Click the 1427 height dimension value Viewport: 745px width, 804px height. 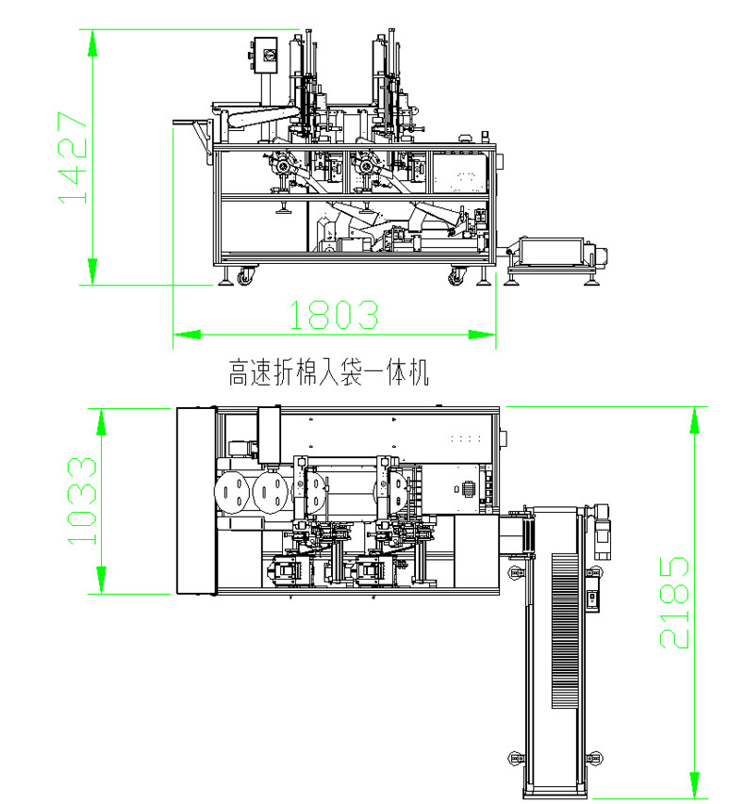pyautogui.click(x=73, y=156)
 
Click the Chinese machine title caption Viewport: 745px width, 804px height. pyautogui.click(x=329, y=373)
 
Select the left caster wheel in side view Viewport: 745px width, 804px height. pyautogui.click(x=245, y=277)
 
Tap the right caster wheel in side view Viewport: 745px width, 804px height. pyautogui.click(x=456, y=277)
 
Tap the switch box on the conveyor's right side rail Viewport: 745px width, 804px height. pyautogui.click(x=593, y=599)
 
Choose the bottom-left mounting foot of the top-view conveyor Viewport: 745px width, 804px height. pyautogui.click(x=514, y=759)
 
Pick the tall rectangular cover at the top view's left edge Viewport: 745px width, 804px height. pyautogui.click(x=196, y=500)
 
